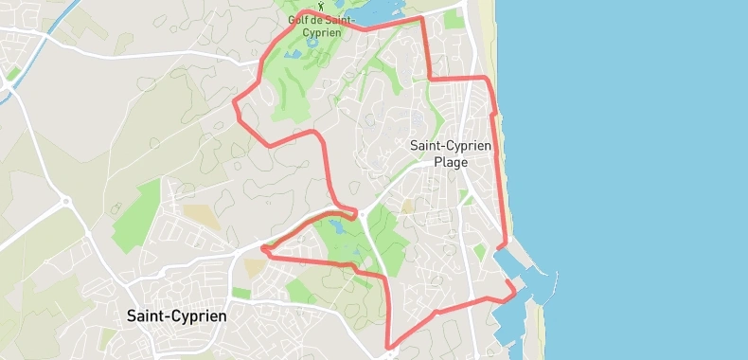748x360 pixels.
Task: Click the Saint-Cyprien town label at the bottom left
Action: click(x=176, y=315)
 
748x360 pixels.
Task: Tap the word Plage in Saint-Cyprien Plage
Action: click(x=451, y=162)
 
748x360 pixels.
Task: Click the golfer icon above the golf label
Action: click(x=321, y=6)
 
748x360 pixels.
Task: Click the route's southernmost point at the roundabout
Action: click(x=389, y=349)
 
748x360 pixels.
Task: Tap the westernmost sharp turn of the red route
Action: click(x=236, y=99)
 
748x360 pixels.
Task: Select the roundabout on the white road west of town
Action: click(x=66, y=201)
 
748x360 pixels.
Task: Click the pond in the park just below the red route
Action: click(x=338, y=227)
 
